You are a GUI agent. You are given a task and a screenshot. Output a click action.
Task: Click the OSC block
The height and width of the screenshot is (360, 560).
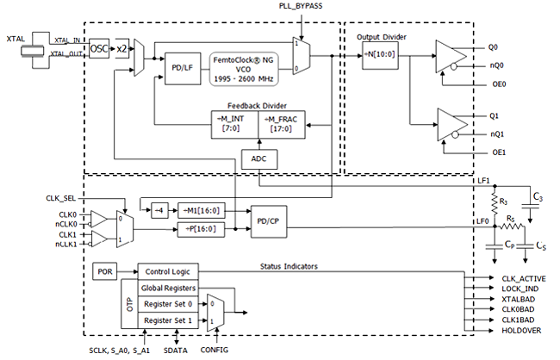[x=99, y=48]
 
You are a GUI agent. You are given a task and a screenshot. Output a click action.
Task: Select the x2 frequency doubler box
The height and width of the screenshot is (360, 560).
[x=121, y=48]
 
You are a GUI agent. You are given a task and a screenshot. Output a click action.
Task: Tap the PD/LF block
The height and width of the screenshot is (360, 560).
[x=183, y=69]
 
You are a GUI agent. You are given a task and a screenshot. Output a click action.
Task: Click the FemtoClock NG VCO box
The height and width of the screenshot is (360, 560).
[x=244, y=69]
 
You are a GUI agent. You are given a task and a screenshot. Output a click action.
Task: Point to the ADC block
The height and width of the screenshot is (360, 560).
[x=259, y=159]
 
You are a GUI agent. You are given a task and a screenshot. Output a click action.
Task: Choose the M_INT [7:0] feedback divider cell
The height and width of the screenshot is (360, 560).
[x=234, y=124]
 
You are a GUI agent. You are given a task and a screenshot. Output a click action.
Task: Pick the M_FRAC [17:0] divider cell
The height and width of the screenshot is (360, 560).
[x=282, y=124]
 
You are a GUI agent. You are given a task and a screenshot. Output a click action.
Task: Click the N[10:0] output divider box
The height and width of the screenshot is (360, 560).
[x=380, y=55]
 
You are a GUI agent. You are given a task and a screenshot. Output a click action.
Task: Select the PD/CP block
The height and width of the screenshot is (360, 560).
[x=269, y=221]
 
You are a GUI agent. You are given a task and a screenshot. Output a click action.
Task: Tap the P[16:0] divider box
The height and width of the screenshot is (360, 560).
[x=202, y=229]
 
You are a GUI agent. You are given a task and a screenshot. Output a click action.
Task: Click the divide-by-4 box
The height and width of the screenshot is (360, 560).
[x=159, y=211]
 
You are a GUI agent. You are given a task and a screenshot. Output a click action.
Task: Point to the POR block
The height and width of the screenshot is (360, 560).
[x=105, y=272]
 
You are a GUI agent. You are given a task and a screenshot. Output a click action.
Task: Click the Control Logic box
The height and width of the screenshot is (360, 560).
[x=168, y=272]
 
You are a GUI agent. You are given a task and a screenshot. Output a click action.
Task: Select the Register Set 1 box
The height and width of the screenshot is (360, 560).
[x=168, y=320]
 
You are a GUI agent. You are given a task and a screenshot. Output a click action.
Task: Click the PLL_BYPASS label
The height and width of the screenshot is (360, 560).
[x=301, y=6]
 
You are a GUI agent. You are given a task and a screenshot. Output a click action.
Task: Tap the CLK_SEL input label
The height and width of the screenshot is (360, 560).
[x=61, y=198]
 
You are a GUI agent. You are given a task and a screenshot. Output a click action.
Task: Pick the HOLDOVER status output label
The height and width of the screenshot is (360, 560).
[x=521, y=331]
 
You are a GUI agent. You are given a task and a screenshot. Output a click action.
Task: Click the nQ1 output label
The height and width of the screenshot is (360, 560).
[x=497, y=134]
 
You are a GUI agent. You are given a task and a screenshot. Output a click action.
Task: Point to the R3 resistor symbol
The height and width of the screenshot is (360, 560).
[x=495, y=203]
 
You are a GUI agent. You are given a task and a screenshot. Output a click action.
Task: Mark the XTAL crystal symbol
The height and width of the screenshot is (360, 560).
[x=33, y=50]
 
